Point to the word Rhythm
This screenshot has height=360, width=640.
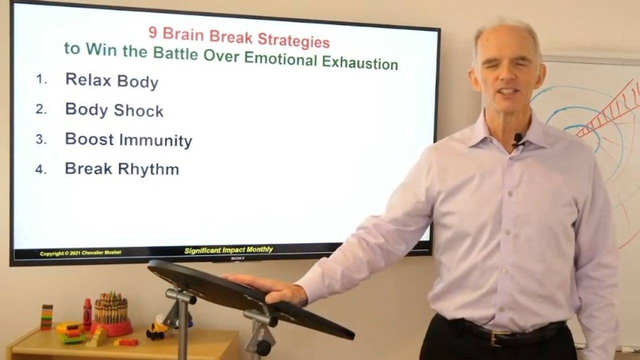pos(149,169)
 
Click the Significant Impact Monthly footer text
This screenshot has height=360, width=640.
pos(228,250)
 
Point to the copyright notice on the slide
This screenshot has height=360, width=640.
pos(80,253)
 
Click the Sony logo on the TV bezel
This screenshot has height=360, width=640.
pos(237,258)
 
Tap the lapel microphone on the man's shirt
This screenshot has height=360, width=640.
pos(517,138)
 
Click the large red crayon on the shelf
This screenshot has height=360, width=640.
pos(87,313)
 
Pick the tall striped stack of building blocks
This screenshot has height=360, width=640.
pos(46,317)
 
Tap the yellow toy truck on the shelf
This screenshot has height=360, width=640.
pos(156,328)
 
